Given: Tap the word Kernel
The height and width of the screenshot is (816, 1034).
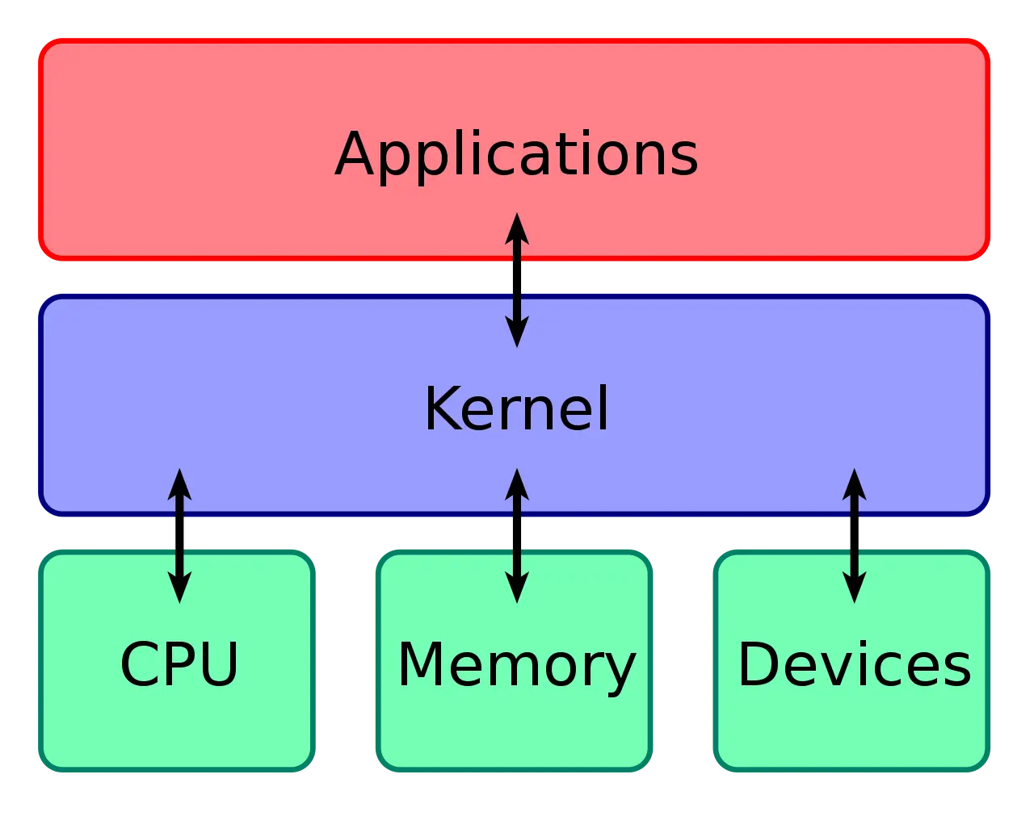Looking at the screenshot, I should click(x=516, y=408).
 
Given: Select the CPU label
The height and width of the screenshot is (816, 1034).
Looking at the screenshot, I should click(x=179, y=664).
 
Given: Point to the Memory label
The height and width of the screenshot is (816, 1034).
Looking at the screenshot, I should click(x=516, y=664).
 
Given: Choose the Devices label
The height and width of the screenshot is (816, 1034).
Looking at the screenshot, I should click(x=854, y=664).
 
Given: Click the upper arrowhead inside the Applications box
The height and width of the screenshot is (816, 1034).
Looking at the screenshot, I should click(x=517, y=229).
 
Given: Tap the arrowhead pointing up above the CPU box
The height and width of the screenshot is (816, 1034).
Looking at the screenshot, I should click(x=179, y=484).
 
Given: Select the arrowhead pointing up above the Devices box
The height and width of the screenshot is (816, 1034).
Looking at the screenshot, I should click(x=854, y=484).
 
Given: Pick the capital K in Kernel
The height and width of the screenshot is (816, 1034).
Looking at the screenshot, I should click(x=441, y=408).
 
